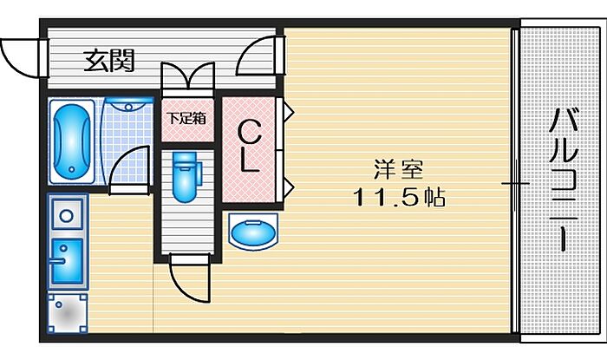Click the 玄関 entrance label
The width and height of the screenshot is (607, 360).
point(109,61)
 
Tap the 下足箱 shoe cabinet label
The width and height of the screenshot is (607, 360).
point(186,118)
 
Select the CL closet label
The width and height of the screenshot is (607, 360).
point(249,146)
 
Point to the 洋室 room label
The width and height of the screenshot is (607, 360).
point(398,169)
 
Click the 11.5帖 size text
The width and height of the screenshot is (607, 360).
point(399,197)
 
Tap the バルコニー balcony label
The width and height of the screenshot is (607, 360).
point(564,180)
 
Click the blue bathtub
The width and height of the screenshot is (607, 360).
point(72,141)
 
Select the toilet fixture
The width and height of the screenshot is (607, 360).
point(186,176)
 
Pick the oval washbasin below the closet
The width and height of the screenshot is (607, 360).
point(253,232)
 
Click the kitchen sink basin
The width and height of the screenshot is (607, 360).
point(67,261)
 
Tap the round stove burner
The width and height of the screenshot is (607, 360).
point(67,215)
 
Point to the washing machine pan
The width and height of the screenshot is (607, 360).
point(67,313)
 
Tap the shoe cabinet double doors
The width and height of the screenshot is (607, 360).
point(188,75)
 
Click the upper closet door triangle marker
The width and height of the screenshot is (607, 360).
point(289,113)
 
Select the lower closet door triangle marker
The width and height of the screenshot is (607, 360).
point(289,187)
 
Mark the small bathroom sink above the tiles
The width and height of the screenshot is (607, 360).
point(129,104)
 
